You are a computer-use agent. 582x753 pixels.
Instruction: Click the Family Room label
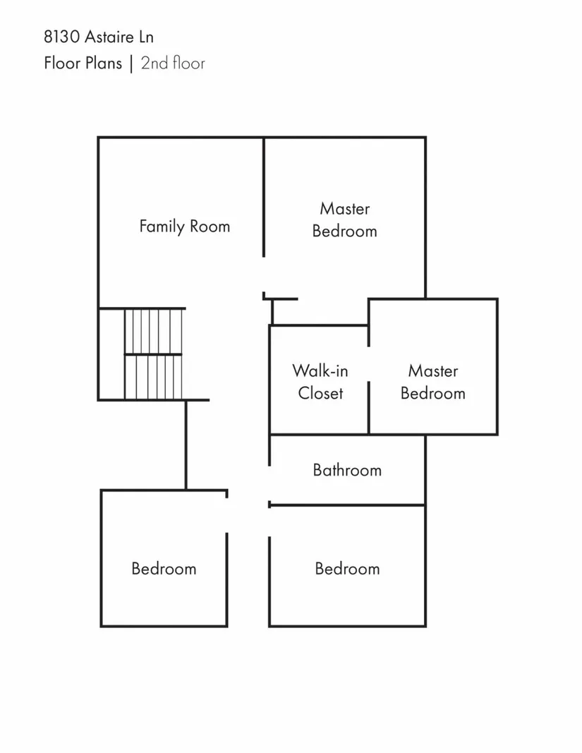184,227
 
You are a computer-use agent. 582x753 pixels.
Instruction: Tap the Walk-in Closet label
320,382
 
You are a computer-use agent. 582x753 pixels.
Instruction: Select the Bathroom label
347,470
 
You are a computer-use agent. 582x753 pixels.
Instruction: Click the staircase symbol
153,354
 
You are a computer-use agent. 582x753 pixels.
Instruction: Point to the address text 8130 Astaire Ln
99,37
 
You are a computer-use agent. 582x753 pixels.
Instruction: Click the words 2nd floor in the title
173,63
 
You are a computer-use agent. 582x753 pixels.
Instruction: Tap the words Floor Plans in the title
83,63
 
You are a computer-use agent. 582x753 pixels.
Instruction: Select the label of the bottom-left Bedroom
164,569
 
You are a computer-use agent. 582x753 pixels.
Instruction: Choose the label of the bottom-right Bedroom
347,569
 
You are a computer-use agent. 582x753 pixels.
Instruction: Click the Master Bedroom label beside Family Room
345,219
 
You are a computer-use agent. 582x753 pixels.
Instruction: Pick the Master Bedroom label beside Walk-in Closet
433,382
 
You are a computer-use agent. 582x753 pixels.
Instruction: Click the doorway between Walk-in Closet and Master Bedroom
368,364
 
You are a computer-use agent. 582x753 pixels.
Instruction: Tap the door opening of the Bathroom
269,483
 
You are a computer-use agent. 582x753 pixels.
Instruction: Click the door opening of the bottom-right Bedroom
269,522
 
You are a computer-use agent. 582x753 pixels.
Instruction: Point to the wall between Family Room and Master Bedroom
264,197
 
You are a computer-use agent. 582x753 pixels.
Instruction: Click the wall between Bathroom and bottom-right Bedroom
347,505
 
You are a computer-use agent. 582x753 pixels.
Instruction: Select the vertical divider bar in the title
131,64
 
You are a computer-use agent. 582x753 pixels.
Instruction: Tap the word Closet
320,393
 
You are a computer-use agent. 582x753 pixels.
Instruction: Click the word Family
162,227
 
